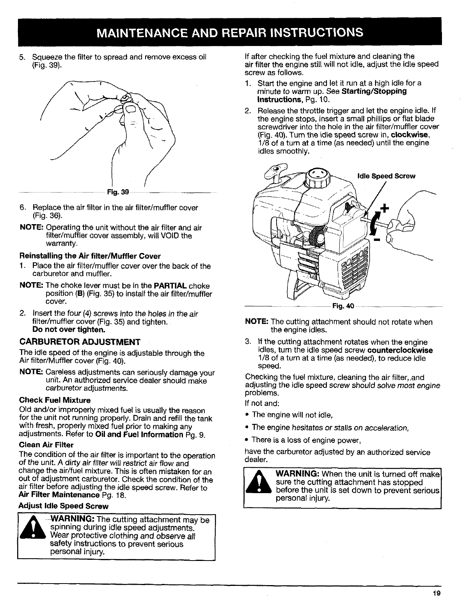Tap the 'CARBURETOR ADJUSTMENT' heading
[x=80, y=342]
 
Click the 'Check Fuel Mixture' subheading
[x=55, y=400]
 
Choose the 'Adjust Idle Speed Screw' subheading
[x=64, y=506]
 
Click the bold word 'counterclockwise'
[x=400, y=350]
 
